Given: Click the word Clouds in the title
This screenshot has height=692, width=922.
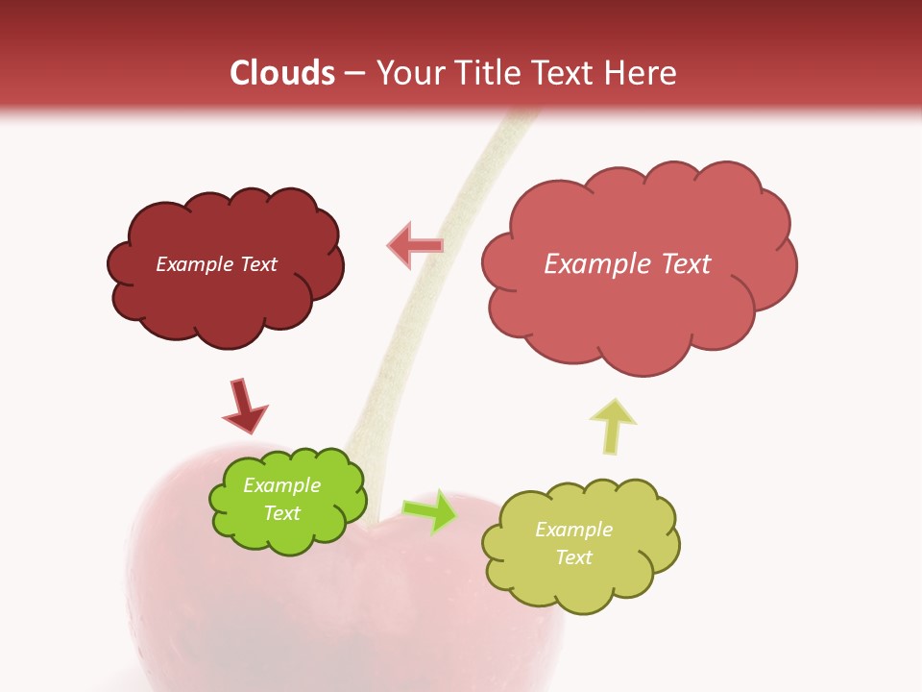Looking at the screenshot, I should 282,73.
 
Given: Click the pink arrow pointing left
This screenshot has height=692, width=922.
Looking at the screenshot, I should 415,246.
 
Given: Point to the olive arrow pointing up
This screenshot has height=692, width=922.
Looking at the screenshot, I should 613,425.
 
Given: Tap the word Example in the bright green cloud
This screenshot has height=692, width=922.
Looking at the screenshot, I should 281,485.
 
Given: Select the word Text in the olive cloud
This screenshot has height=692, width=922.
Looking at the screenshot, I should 573,557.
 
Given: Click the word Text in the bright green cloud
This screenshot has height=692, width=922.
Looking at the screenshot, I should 281,513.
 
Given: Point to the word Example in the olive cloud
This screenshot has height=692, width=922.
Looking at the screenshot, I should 573,530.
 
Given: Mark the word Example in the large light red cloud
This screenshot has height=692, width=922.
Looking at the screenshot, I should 594,264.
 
